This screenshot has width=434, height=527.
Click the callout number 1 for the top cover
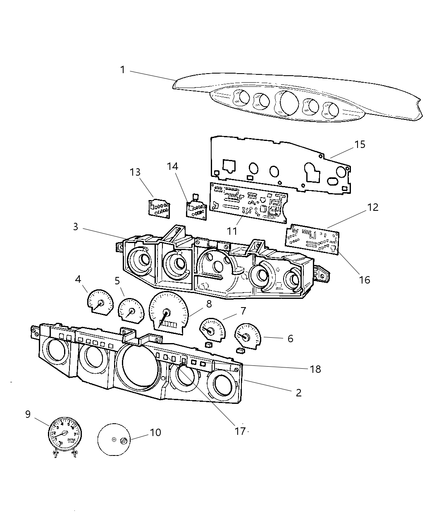(x=122, y=70)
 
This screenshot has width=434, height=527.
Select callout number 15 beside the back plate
(x=360, y=144)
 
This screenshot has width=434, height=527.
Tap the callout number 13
(x=135, y=172)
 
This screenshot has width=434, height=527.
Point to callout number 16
(x=364, y=280)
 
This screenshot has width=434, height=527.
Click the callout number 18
(x=315, y=369)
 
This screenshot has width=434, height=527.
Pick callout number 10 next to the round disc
(x=155, y=433)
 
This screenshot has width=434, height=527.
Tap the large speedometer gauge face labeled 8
(x=168, y=311)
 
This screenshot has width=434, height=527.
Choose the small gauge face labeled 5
(x=131, y=311)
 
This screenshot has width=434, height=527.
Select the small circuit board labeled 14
(x=196, y=209)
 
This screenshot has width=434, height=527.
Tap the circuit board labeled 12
(x=313, y=239)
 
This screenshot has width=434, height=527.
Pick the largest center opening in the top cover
(x=287, y=103)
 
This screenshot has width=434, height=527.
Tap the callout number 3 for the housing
(x=75, y=227)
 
